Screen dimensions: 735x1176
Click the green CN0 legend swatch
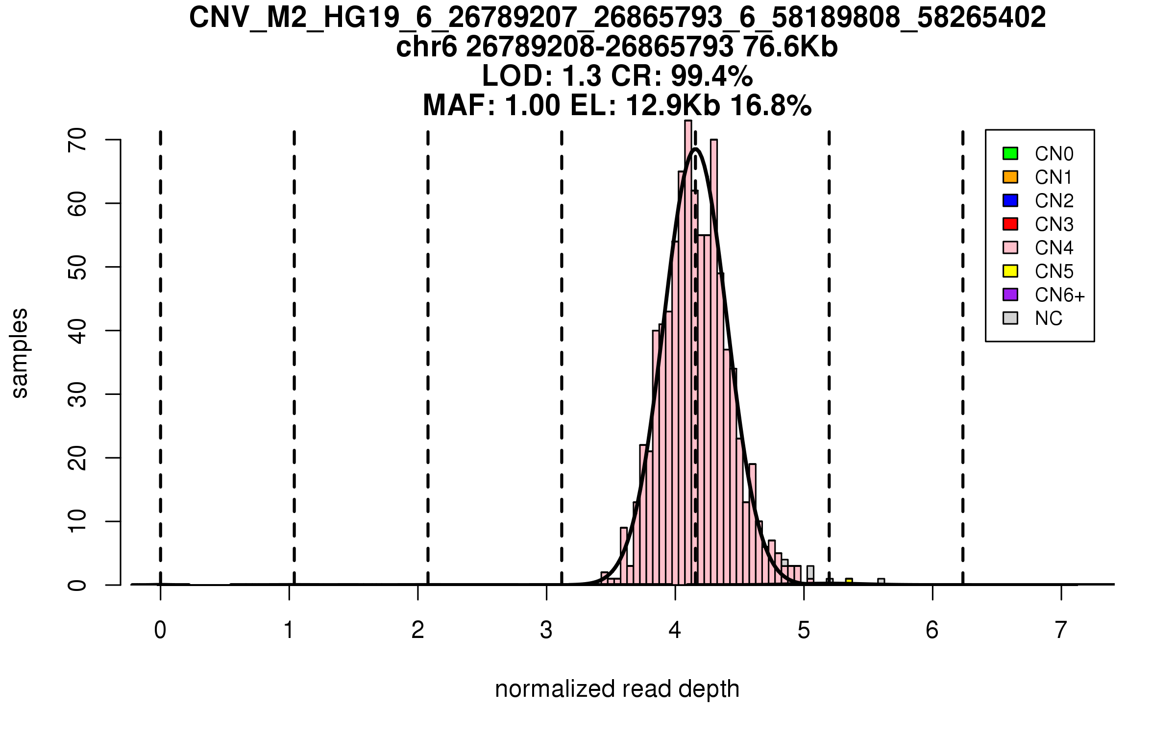click(x=1010, y=153)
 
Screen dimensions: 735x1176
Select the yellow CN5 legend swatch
click(x=1010, y=271)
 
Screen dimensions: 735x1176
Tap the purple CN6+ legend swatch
click(x=1010, y=294)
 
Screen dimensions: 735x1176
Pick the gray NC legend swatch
click(x=1010, y=318)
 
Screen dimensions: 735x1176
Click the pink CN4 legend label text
click(x=1054, y=248)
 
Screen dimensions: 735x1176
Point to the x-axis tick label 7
click(x=1061, y=630)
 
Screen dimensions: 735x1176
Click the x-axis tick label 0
click(x=160, y=630)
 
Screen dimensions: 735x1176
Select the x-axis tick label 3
click(x=546, y=630)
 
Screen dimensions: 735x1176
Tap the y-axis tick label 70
click(x=77, y=140)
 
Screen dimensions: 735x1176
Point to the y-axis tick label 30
click(x=77, y=394)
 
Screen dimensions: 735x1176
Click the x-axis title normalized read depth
click(x=617, y=689)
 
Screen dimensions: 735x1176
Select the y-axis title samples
click(x=20, y=353)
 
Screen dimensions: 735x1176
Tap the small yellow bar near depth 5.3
click(x=849, y=582)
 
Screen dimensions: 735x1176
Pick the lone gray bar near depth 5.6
click(x=881, y=582)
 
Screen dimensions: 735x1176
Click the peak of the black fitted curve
click(x=695, y=148)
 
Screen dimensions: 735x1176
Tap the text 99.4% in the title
click(x=711, y=76)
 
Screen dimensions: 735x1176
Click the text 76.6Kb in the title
click(x=790, y=48)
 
